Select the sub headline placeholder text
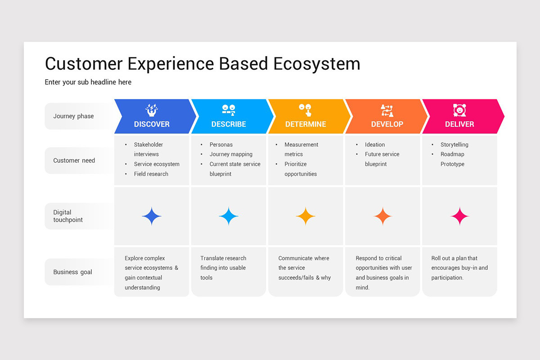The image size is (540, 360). click(88, 82)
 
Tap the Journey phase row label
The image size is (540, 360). click(74, 116)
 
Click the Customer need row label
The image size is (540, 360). click(74, 161)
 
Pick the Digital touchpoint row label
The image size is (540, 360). click(68, 216)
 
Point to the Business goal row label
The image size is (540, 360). click(73, 272)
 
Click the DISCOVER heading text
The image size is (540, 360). click(152, 124)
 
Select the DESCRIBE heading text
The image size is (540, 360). click(229, 124)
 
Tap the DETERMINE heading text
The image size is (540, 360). click(306, 124)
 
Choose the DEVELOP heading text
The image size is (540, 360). click(387, 124)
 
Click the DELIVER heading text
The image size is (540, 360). click(459, 124)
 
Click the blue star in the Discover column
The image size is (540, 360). click(152, 216)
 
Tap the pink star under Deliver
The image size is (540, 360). click(459, 216)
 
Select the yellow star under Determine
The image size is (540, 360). click(306, 216)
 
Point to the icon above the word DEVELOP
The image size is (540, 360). click(387, 110)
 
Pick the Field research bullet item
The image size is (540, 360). click(151, 174)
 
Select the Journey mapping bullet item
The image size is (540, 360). click(231, 154)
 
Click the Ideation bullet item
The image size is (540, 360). click(375, 145)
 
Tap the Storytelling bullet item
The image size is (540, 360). click(454, 145)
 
